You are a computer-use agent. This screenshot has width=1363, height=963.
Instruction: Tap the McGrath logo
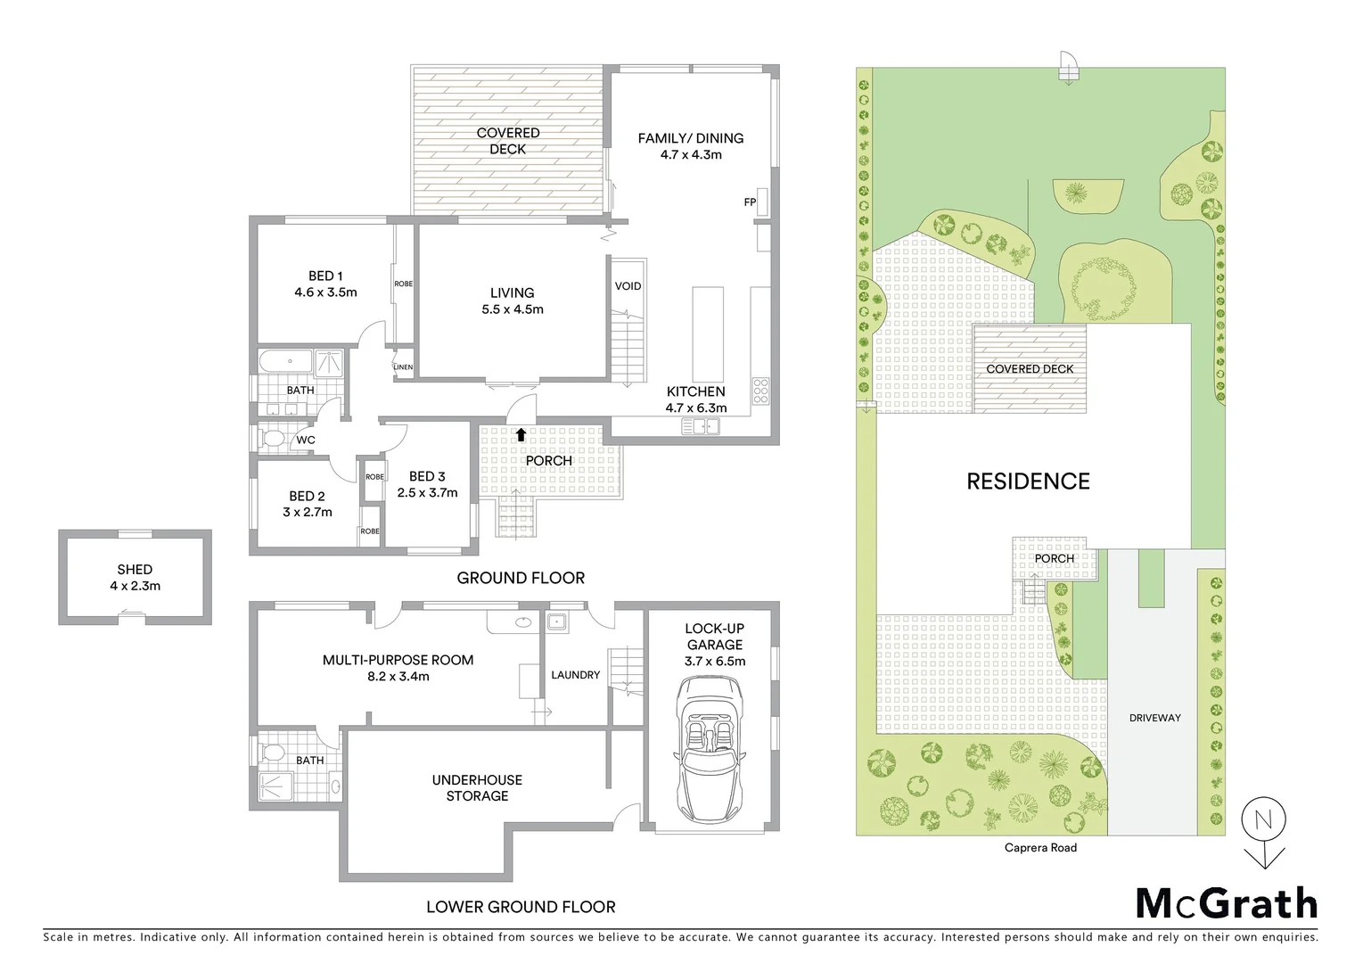coord(1227,904)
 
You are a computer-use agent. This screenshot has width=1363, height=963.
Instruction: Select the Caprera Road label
coord(1040,848)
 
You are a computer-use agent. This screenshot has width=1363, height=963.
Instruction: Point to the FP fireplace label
coord(750,202)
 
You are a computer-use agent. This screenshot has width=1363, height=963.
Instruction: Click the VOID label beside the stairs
coord(628,286)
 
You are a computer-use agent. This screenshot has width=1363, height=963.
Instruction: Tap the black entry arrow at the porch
coord(520,434)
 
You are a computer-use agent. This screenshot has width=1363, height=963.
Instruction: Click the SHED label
coord(135,570)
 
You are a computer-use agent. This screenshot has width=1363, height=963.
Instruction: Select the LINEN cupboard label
coord(403,367)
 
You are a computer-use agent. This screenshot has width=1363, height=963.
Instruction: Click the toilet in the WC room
coord(274,439)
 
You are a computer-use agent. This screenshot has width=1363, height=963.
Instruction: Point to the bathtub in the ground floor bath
coord(285,362)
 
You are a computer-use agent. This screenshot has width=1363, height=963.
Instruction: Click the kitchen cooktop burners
coord(761,391)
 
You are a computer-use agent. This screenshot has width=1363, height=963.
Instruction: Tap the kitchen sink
coord(701,427)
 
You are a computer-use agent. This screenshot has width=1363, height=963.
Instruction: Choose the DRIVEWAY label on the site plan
coord(1154,718)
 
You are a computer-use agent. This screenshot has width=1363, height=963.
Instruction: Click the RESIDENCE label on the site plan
coord(1028,481)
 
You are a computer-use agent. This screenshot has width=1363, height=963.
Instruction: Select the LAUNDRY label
coord(575,675)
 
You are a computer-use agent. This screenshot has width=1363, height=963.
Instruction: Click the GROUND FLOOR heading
coord(521,578)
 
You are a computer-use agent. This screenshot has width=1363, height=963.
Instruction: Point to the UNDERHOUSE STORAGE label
coord(477,788)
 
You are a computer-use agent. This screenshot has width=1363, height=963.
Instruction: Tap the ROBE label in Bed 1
coord(403,284)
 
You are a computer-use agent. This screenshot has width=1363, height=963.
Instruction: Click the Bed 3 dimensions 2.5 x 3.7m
coord(427,492)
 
